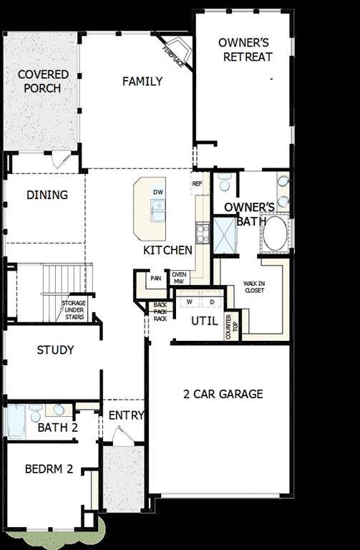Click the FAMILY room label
[x=142, y=82]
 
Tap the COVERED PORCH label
[x=43, y=82]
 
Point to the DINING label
[x=47, y=195]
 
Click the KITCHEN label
[x=167, y=251]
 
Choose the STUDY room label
[x=55, y=350]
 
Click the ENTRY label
[x=126, y=415]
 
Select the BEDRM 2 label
[x=49, y=470]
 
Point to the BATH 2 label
[x=58, y=428]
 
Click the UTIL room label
[x=204, y=321]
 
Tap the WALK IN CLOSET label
[x=253, y=286]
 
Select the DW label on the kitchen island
[x=158, y=192]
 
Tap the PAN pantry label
[x=155, y=278]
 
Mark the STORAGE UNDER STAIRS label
[x=74, y=309]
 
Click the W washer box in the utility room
[x=190, y=302]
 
